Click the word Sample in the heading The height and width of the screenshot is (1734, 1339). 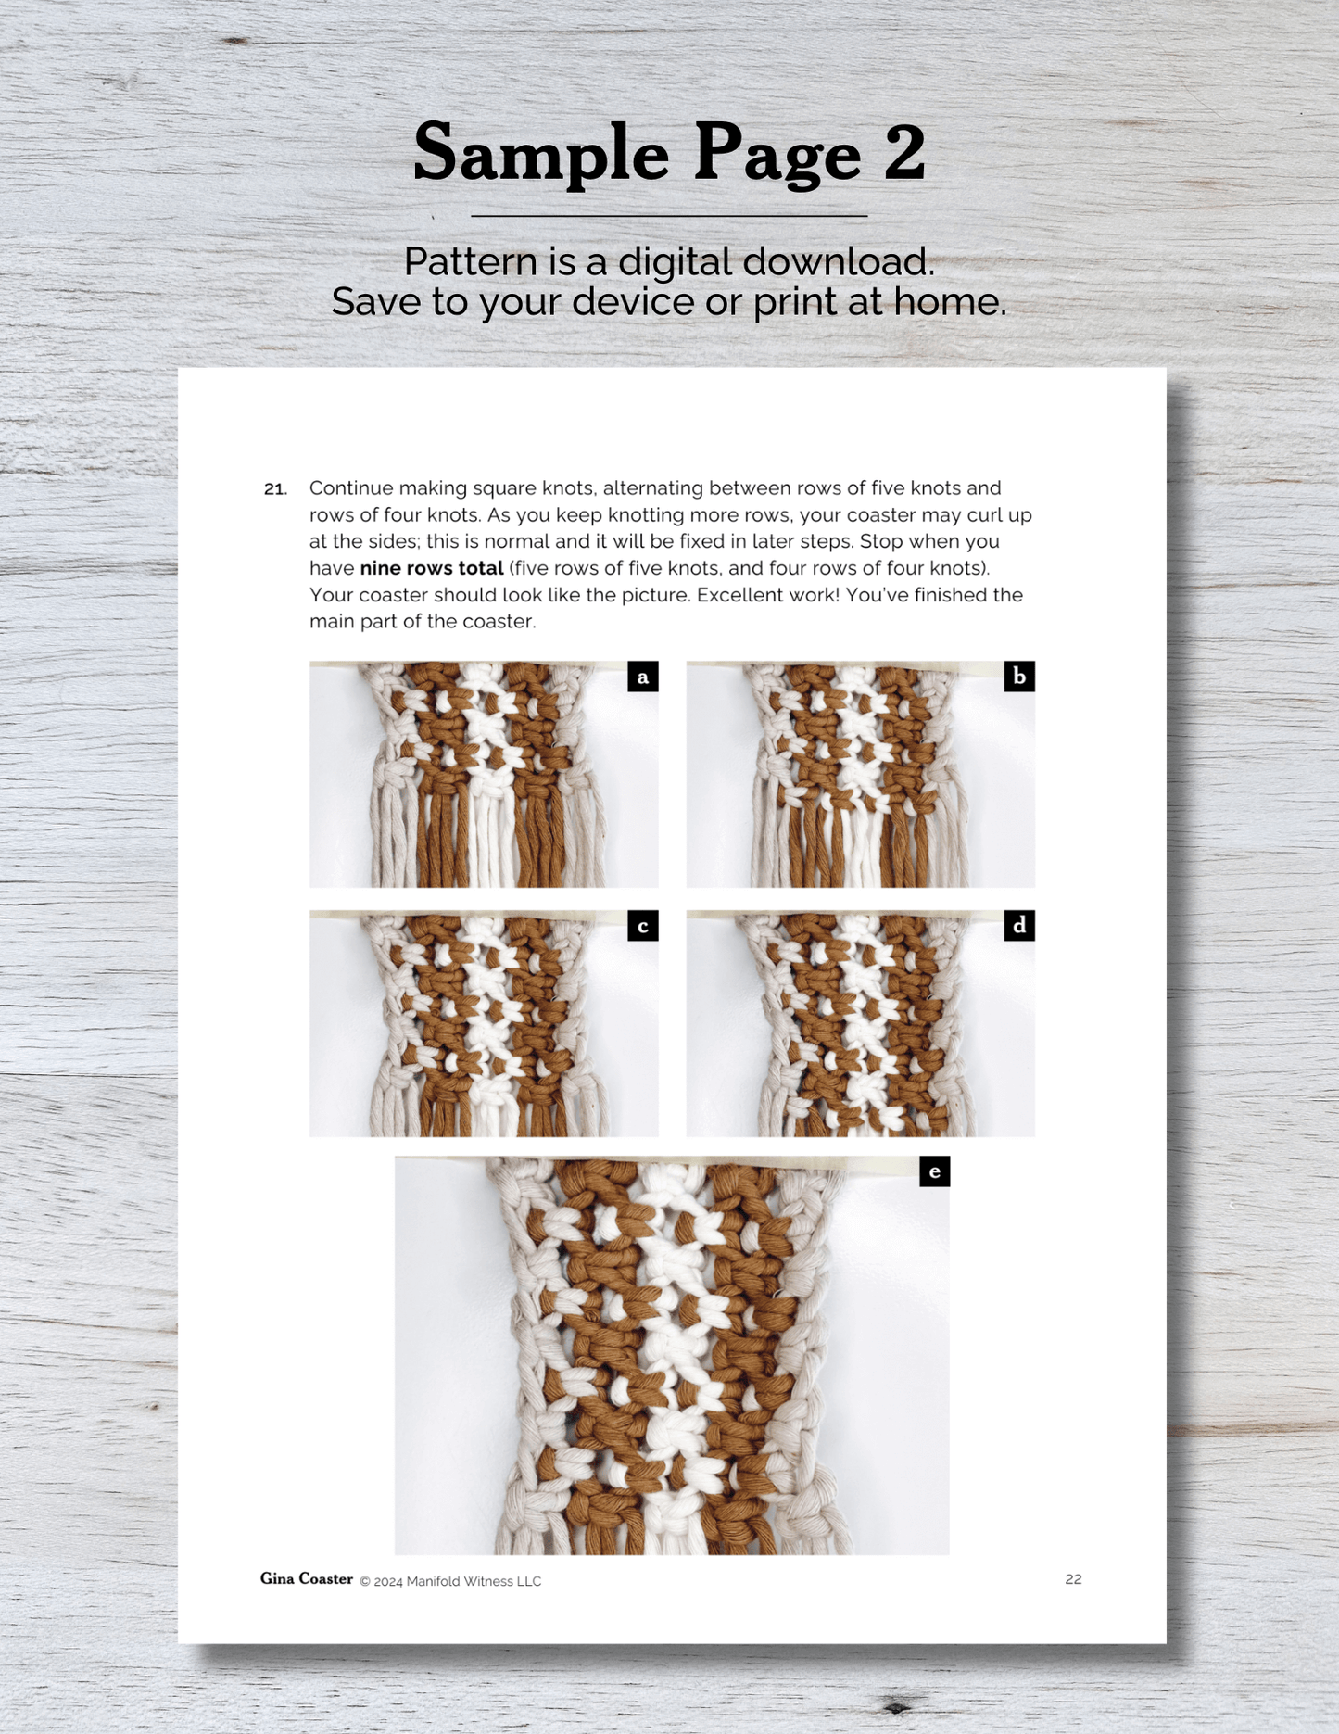[541, 154]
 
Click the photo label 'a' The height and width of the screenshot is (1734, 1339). [643, 677]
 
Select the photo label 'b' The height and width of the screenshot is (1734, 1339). [1019, 677]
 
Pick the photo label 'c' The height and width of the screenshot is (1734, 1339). [643, 926]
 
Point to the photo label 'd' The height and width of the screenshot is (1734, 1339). [1019, 926]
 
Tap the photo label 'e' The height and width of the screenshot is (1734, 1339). [934, 1171]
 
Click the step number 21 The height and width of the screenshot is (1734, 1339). [275, 488]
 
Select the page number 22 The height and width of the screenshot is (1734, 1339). [1073, 1579]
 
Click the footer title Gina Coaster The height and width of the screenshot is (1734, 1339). [307, 1578]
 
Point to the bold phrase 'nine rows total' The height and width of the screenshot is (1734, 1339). [432, 568]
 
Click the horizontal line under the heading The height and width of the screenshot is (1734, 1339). [669, 216]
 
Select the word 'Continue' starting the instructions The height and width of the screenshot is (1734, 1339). [351, 488]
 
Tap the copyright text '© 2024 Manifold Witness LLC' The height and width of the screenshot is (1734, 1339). [450, 1581]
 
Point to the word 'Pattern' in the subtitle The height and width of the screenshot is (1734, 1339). [471, 262]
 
